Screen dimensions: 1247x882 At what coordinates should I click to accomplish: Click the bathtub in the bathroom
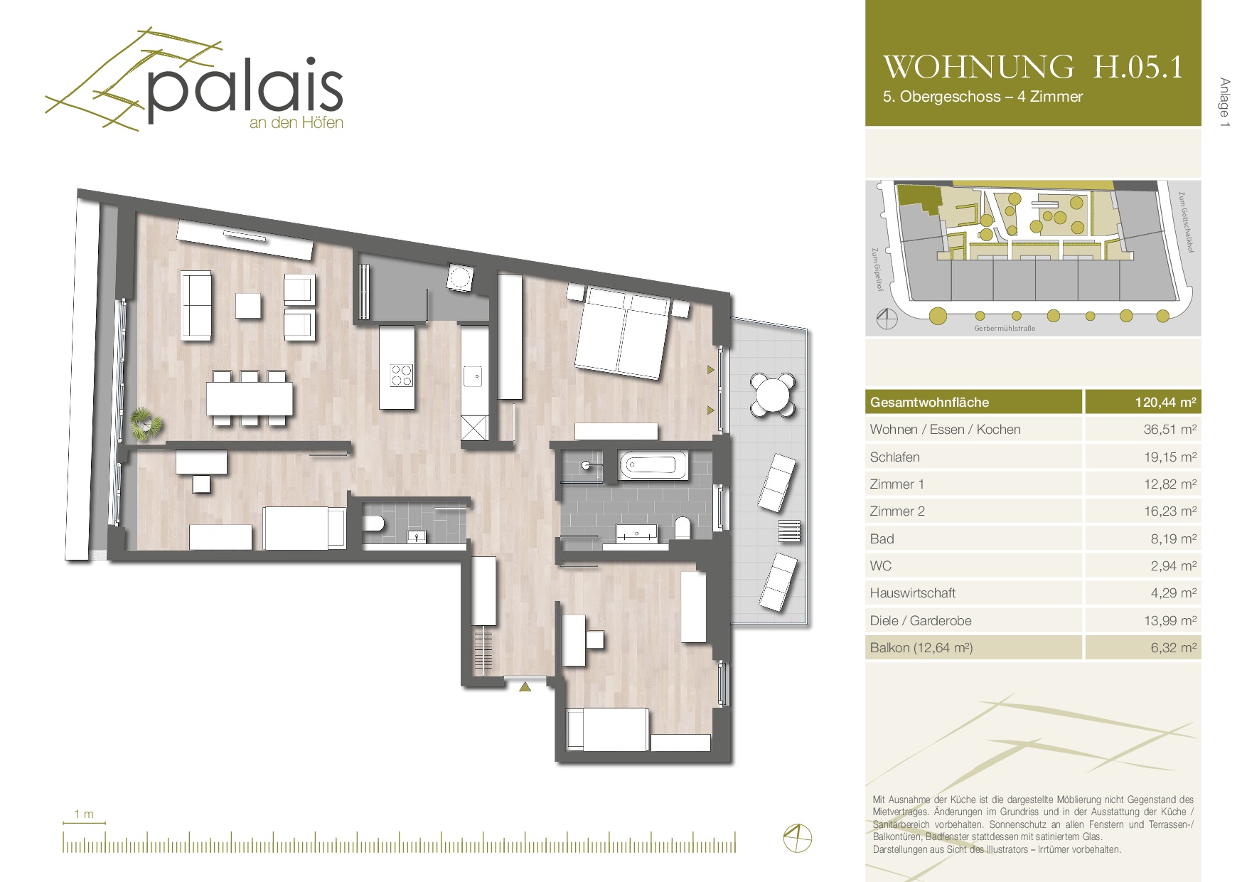(x=653, y=465)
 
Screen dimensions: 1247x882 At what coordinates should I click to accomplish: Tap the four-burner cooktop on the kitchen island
(x=402, y=374)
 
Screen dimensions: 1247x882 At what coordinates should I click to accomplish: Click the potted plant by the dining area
(x=146, y=424)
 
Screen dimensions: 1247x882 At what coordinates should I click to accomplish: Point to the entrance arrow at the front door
(x=525, y=686)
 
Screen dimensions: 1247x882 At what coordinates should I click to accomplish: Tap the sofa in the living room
(x=197, y=305)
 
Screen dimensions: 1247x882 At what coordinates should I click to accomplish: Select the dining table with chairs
(x=250, y=398)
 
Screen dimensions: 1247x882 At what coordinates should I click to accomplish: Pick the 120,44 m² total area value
(x=1165, y=403)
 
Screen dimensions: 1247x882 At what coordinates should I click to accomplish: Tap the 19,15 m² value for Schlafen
(x=1170, y=457)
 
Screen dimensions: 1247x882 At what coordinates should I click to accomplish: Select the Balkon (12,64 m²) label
(x=921, y=648)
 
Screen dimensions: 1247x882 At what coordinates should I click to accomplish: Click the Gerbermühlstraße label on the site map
(x=1005, y=329)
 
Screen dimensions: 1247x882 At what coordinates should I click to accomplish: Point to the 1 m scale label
(x=84, y=814)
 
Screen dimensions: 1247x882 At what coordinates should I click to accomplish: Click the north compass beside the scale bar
(x=797, y=837)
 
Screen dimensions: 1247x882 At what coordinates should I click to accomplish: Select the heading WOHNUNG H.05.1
(x=1033, y=67)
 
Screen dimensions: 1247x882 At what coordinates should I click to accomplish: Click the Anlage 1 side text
(x=1224, y=102)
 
